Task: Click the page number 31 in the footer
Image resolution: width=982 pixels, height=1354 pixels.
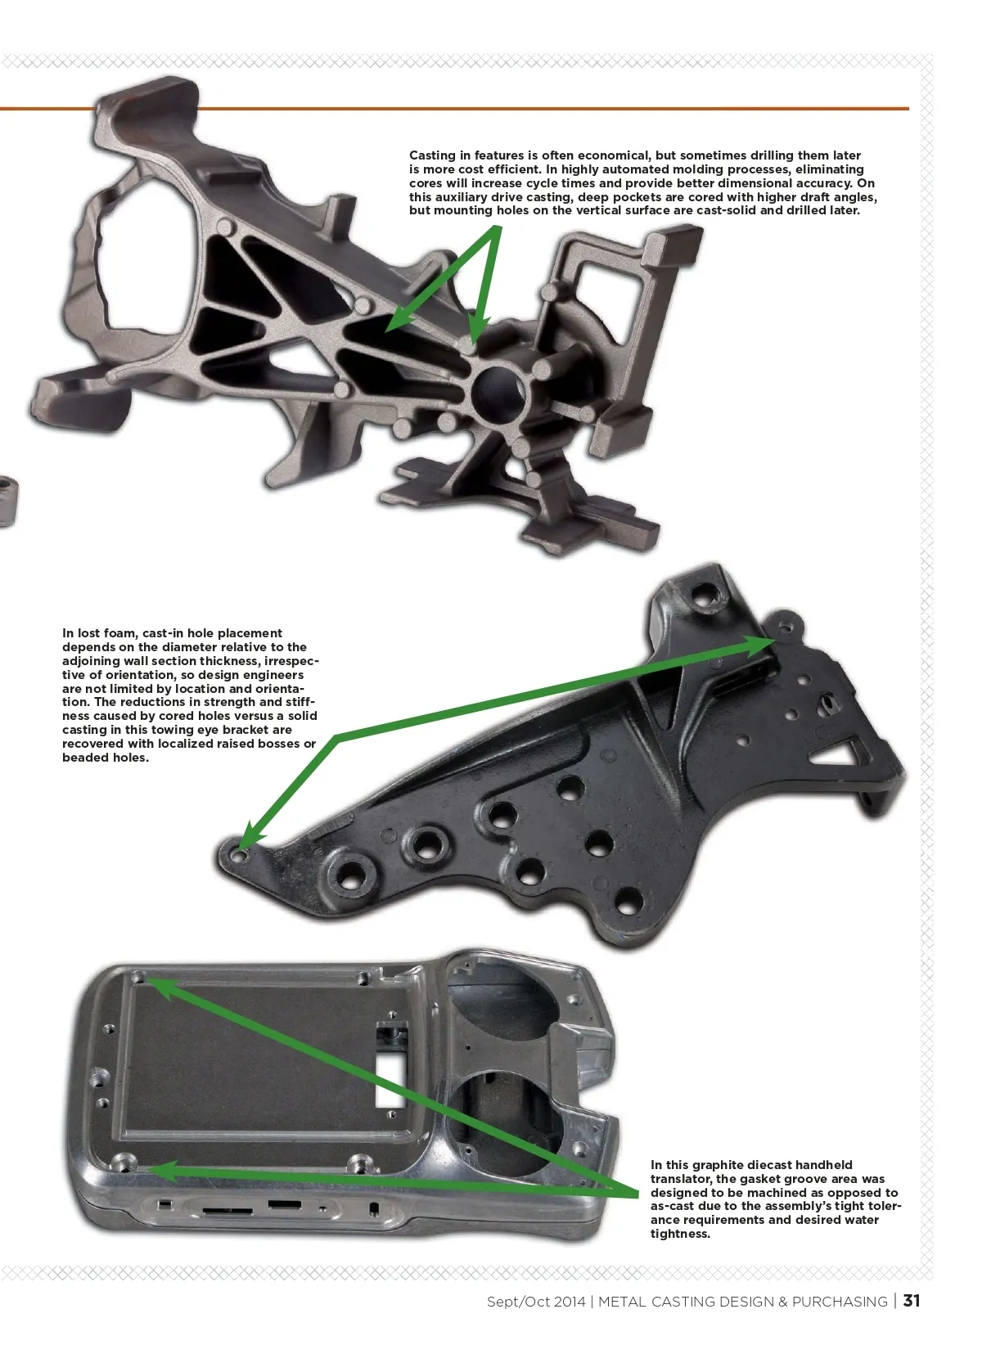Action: click(x=912, y=1301)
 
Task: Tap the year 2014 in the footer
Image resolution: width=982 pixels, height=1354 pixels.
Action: click(x=569, y=1302)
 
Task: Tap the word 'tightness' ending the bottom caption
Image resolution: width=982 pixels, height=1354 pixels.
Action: click(x=679, y=1234)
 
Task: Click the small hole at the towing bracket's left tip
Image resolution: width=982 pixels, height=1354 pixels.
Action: click(x=239, y=853)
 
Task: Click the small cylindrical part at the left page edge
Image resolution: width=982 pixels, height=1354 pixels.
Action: click(x=7, y=501)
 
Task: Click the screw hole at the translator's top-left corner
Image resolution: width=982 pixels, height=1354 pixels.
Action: click(x=138, y=978)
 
